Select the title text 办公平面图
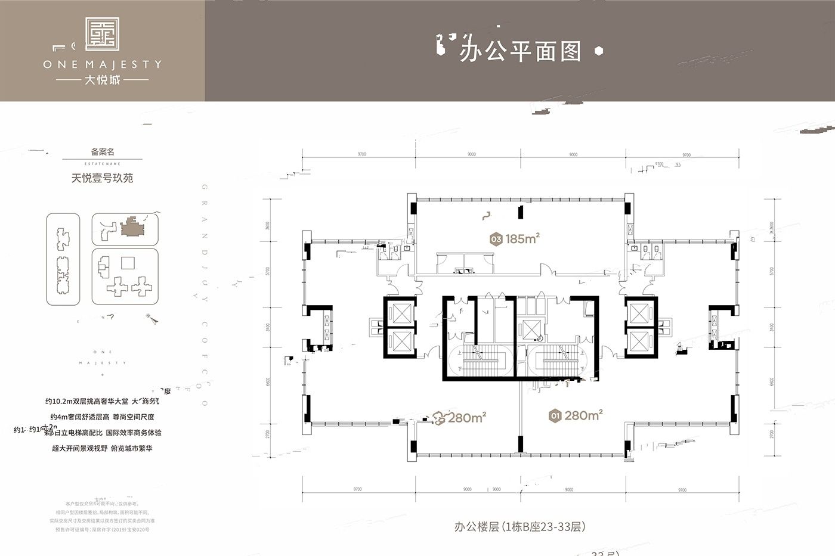tap(519, 52)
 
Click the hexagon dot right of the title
tap(599, 51)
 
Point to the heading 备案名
tap(102, 152)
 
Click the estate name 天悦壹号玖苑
tap(102, 178)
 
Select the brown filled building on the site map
tap(130, 229)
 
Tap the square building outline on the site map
tap(127, 263)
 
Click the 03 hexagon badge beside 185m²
tap(495, 240)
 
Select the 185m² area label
tap(522, 239)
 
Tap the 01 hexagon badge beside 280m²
tap(555, 416)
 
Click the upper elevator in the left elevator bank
tap(399, 313)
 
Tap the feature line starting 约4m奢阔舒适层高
tap(102, 417)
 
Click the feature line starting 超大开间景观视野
tap(102, 448)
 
